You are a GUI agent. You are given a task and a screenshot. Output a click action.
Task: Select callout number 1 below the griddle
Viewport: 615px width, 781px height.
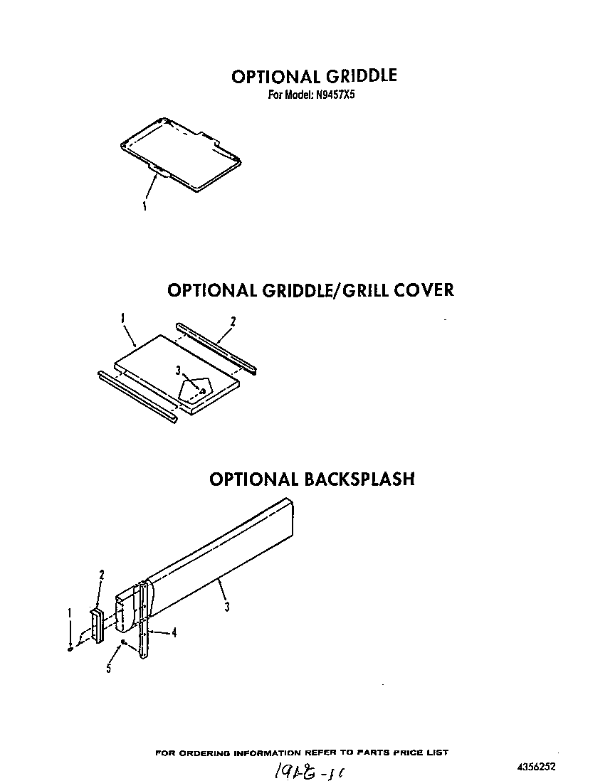click(144, 206)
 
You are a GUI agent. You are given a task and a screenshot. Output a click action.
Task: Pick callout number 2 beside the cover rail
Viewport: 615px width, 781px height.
click(233, 322)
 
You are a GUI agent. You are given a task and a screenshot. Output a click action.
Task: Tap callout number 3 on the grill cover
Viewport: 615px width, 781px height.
click(179, 370)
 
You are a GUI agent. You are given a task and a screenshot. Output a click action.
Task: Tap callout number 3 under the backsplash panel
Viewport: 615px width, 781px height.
click(226, 607)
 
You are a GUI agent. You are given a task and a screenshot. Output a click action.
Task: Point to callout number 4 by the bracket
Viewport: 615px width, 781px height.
click(174, 632)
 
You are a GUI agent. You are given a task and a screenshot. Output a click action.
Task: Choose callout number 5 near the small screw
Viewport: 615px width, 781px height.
click(109, 669)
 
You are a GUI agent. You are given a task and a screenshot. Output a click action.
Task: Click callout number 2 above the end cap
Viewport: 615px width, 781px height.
click(102, 574)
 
